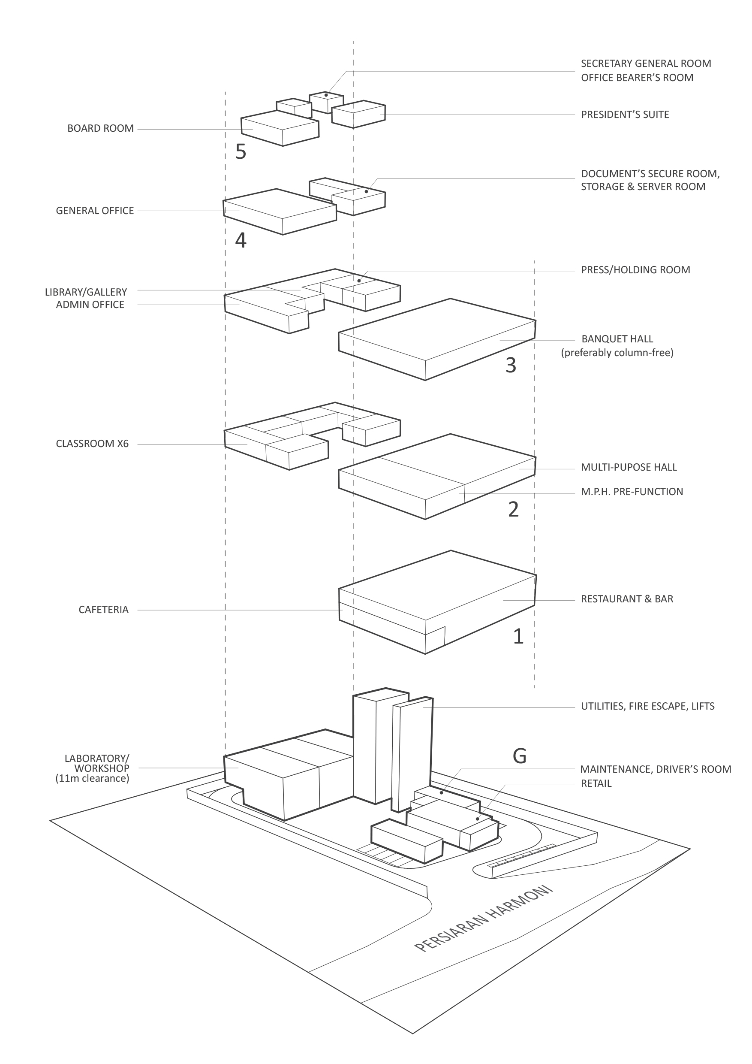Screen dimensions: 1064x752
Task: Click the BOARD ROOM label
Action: (x=100, y=128)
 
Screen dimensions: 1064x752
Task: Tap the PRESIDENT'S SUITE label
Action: (x=625, y=115)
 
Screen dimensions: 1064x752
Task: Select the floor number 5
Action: (x=241, y=151)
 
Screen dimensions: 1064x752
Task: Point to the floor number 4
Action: (x=241, y=240)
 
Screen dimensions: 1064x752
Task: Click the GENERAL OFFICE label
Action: (x=95, y=211)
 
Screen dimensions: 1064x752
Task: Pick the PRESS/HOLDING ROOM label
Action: (x=635, y=270)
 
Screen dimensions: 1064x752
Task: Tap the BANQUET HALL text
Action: (x=617, y=339)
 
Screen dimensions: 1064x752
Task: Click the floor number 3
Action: (x=511, y=365)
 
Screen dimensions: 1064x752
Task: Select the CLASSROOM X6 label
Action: (x=92, y=444)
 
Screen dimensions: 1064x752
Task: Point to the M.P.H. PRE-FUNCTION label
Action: (x=632, y=492)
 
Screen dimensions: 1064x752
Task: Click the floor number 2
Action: (x=513, y=509)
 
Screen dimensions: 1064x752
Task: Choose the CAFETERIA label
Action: (x=103, y=610)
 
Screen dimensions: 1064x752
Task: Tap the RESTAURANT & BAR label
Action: (x=627, y=599)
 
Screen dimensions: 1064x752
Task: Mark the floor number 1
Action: (x=518, y=636)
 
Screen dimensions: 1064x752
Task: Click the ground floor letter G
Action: (x=519, y=756)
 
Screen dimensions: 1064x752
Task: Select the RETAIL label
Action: (x=596, y=784)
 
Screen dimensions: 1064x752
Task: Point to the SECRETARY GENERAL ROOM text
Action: (x=646, y=63)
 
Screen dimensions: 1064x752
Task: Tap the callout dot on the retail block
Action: (x=478, y=819)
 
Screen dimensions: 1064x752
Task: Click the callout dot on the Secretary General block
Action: (x=326, y=95)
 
